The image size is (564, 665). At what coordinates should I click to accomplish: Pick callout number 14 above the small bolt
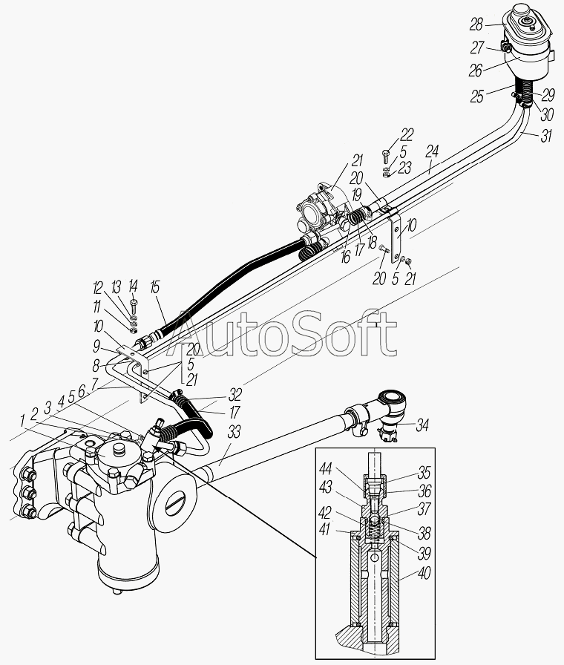[133, 286]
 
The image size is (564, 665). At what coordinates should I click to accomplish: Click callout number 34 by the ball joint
[422, 425]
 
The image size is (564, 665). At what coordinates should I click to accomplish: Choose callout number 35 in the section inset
[423, 472]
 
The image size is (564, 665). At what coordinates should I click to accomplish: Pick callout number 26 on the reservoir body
[475, 70]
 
